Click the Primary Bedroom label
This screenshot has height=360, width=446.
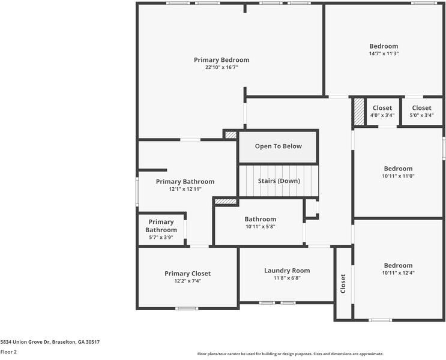coord(221,60)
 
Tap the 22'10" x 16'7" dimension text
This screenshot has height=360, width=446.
coord(221,67)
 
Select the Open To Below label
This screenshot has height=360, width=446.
coord(278,146)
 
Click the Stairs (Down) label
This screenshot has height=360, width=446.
coord(279,181)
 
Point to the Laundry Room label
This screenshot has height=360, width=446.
coord(287,271)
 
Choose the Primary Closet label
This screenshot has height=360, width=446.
coord(188,274)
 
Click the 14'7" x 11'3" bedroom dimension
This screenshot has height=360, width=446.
coord(384,53)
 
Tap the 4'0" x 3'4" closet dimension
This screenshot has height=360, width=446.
coord(382,115)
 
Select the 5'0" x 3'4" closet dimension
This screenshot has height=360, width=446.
coord(421,115)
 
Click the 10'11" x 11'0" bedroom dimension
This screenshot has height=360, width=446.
coord(398,176)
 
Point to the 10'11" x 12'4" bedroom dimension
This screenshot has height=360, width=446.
coord(398,273)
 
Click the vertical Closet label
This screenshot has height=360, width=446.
coord(343,284)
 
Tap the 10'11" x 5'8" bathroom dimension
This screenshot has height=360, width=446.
coord(261,227)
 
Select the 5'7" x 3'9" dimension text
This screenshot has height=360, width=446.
coord(161,238)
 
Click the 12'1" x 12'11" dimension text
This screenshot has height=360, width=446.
coord(185,189)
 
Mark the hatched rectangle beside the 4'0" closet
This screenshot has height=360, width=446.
coord(359,112)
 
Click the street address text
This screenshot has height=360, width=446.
coord(50,342)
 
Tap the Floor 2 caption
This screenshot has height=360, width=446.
coord(8,352)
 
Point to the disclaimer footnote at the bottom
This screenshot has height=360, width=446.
coord(291,354)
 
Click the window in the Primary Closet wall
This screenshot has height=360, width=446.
coord(187,308)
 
